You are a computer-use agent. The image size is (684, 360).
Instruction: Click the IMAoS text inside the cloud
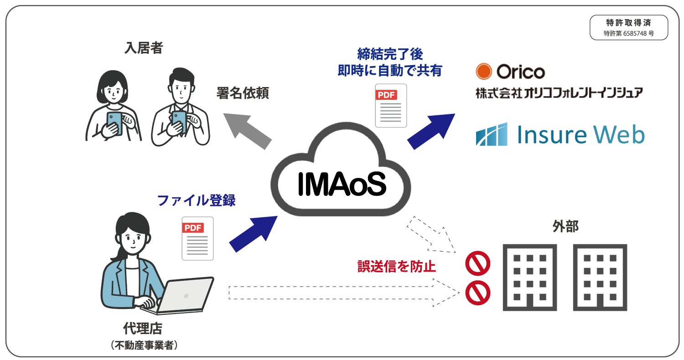coord(342,183)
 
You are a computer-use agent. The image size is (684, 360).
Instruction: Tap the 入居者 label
coord(143,48)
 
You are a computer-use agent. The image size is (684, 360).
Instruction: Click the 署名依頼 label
coord(243,93)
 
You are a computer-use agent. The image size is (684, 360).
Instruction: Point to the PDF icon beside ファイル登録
coord(197,238)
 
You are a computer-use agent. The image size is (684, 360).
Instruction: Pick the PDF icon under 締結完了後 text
coord(391,106)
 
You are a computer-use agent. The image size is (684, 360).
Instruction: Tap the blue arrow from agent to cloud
coord(254,233)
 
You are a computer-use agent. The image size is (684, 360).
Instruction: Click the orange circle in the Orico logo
coord(483,71)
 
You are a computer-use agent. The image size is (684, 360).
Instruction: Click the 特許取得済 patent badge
coord(628,27)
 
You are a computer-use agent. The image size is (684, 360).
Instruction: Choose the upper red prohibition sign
coord(477,263)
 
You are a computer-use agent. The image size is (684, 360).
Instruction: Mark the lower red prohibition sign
coord(477,293)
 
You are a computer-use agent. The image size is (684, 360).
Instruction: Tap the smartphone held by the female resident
coord(114,123)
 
